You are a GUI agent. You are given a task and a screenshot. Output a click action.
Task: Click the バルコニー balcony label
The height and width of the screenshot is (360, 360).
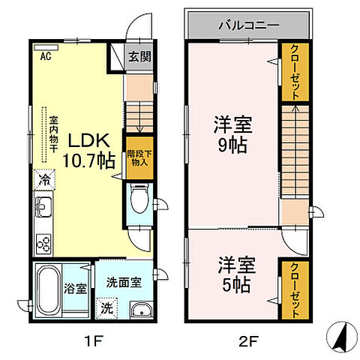248,25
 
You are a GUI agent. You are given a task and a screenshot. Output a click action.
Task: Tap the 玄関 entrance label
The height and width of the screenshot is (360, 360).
138,55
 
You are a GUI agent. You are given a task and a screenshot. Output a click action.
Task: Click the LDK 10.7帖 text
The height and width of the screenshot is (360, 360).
91,148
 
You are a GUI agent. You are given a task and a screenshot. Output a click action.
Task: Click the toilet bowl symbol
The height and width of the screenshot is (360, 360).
138,199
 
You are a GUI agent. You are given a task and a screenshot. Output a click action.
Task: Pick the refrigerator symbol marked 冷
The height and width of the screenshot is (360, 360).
43,180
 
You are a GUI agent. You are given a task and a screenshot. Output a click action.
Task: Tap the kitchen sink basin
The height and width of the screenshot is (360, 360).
42,205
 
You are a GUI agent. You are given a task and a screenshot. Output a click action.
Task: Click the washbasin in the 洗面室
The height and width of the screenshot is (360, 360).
138,312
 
